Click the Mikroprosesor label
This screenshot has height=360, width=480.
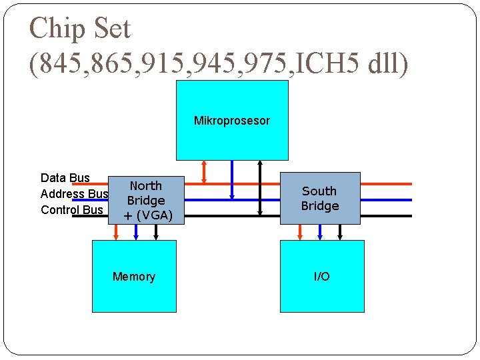coord(231,121)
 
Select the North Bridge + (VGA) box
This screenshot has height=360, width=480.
coord(146,200)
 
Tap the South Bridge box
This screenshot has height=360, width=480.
coord(320,199)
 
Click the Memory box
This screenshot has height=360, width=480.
coord(134,276)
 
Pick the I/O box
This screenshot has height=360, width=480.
coord(322,276)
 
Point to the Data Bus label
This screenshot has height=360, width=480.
coord(65,178)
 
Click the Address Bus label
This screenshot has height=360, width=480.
coord(74,194)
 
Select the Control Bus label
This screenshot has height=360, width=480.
coord(72,210)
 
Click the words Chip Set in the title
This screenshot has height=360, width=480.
coord(80,28)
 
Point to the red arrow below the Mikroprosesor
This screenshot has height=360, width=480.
coord(205,171)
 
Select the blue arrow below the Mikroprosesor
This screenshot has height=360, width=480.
coord(231,179)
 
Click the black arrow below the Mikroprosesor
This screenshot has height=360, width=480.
coord(260,187)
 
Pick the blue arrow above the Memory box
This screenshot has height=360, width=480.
coord(136,231)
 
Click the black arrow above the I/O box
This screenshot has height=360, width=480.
coord(340,231)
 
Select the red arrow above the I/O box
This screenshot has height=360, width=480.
coord(301,231)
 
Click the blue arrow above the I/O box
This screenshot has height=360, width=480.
coord(321,231)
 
